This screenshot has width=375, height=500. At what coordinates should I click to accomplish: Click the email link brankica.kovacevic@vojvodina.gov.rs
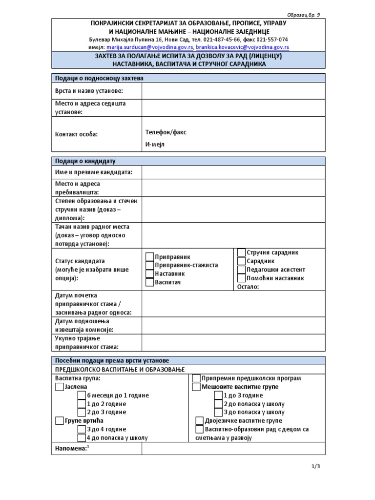point(243,47)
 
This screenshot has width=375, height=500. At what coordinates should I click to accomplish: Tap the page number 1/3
point(315,466)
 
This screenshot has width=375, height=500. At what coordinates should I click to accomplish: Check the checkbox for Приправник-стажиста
point(149,265)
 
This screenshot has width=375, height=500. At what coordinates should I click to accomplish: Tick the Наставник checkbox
point(149,274)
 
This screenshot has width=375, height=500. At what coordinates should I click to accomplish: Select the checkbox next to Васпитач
point(149,283)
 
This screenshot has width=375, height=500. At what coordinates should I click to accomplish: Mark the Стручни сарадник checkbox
point(241,252)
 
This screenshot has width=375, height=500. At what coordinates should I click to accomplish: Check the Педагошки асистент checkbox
point(241,270)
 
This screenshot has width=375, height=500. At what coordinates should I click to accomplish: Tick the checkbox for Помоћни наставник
point(241,278)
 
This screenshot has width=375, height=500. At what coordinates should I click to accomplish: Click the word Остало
point(248,287)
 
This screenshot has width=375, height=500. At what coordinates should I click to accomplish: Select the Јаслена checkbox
point(60,387)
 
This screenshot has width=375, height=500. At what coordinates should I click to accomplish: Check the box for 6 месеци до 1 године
point(82,396)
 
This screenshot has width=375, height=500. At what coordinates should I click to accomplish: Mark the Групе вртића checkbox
point(60,421)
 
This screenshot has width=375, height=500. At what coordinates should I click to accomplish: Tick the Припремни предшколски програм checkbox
point(196,378)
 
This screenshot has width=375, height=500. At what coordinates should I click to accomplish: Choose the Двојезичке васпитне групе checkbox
point(199,421)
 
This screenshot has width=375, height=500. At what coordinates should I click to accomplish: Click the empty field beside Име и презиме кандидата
point(233,172)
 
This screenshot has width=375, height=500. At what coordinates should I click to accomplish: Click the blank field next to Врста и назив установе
point(233,91)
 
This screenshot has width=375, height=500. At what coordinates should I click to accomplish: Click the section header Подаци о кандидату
point(85,161)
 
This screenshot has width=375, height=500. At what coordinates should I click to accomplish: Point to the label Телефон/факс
point(166,132)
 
